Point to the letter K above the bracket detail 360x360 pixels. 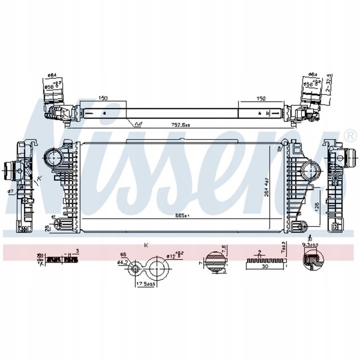[146, 245]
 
